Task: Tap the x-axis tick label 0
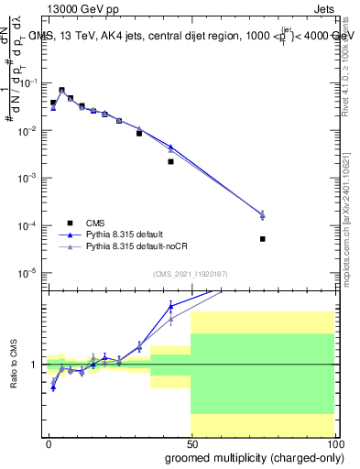[x=49, y=443]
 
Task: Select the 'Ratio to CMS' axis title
[x=14, y=365]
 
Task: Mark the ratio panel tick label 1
[x=35, y=365]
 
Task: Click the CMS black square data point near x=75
[x=262, y=239]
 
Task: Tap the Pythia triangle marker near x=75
[x=262, y=215]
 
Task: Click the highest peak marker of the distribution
[x=61, y=91]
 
